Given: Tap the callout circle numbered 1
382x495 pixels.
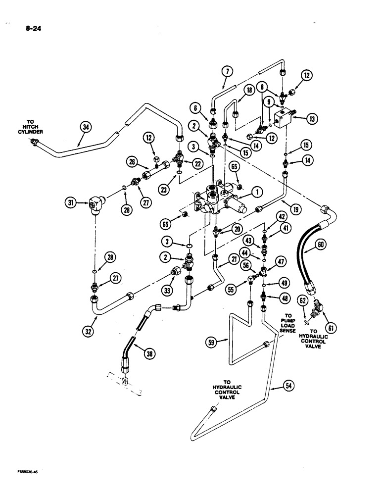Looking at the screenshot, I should coord(253,192).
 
